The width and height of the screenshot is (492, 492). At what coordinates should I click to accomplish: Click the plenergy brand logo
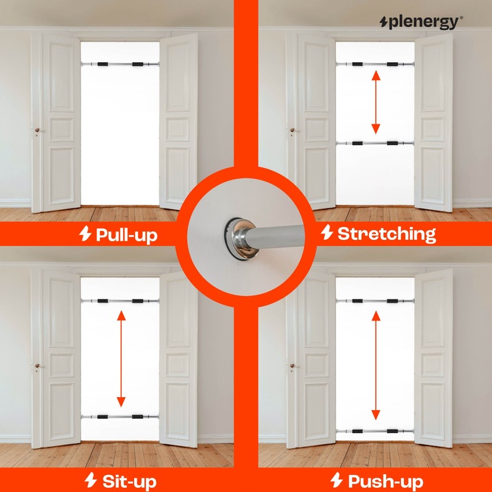[x=420, y=22]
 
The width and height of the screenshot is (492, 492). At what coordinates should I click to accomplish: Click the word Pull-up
[x=126, y=235]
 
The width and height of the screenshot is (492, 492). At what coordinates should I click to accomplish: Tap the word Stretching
[x=386, y=234]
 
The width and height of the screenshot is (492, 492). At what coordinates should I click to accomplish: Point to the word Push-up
[x=385, y=480]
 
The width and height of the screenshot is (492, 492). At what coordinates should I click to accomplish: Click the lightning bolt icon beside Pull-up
[x=85, y=234]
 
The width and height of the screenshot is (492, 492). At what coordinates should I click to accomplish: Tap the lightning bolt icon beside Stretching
[x=327, y=234]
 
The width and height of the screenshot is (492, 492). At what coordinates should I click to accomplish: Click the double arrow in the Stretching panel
[x=375, y=103]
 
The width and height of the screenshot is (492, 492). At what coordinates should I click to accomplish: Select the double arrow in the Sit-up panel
[x=121, y=359]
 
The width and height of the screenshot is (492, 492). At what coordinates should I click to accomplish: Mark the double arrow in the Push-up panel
[x=375, y=365]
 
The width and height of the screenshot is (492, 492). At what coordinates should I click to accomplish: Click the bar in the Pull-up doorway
[x=120, y=64]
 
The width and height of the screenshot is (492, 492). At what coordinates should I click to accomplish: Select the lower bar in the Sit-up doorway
[x=120, y=415]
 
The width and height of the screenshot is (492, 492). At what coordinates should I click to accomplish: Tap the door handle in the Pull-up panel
[x=37, y=130]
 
